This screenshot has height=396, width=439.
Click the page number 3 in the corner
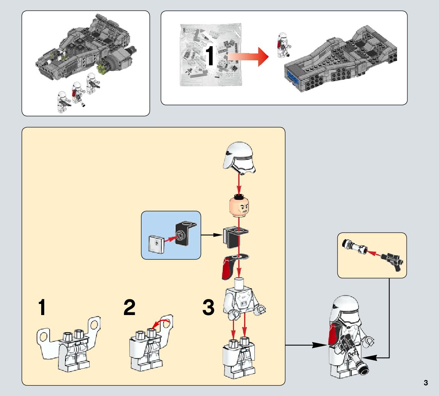426,383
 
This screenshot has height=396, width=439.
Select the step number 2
130,308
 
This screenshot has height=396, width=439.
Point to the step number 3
208,308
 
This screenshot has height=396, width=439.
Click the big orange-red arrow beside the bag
248,56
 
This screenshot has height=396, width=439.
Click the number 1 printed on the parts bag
210,56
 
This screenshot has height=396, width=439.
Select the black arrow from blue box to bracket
211,234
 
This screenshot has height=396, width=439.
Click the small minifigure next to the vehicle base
283,46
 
